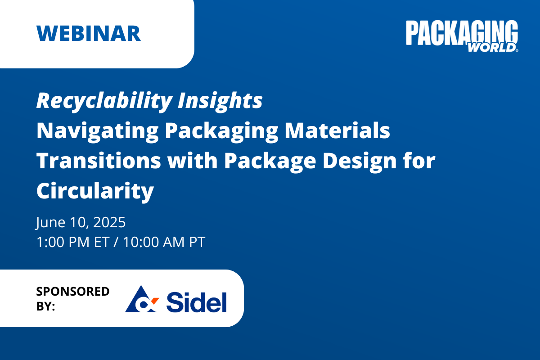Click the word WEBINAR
[x=89, y=33]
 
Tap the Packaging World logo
[x=462, y=36]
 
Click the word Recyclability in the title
[x=104, y=101]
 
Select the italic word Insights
[x=220, y=101]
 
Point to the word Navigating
[x=97, y=131]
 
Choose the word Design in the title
[x=360, y=162]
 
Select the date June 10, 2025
[x=81, y=222]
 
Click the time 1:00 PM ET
[x=73, y=242]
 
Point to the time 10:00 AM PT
[x=164, y=242]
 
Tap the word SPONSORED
[x=73, y=291]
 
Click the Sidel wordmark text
[x=197, y=302]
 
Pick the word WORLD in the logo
[x=492, y=48]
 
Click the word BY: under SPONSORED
[x=45, y=306]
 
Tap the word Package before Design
[x=270, y=162]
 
